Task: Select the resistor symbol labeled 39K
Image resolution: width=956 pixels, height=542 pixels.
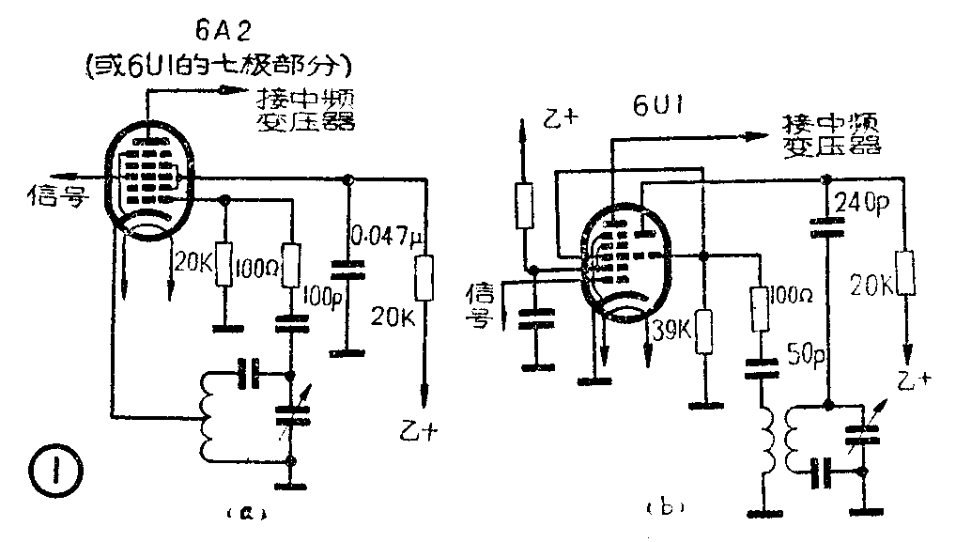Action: [702, 333]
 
